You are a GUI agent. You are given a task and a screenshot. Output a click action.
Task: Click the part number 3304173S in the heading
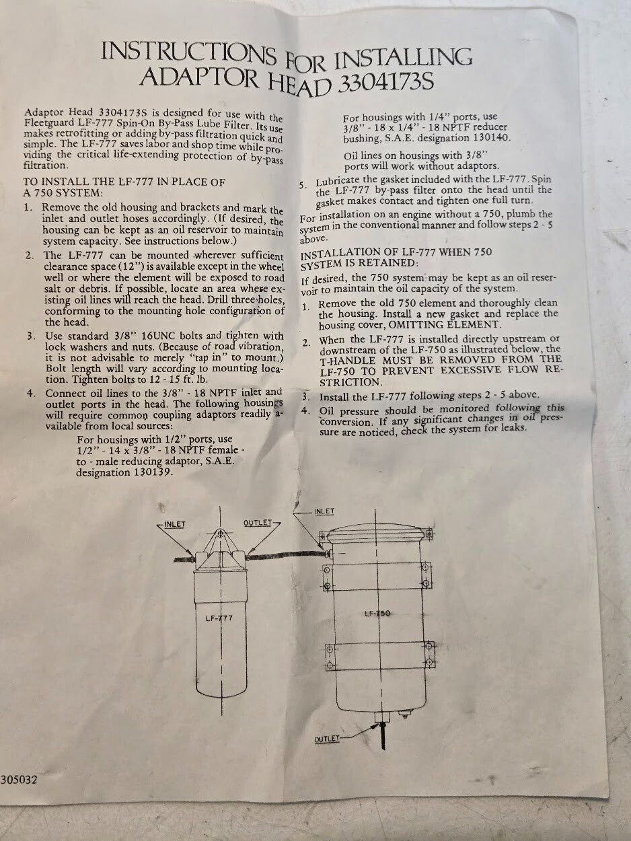point(386,83)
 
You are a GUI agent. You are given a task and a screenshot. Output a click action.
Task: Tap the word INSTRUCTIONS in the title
point(188,54)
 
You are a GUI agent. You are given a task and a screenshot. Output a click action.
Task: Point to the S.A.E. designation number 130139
point(152,472)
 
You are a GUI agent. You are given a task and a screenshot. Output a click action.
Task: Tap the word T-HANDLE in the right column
point(348,361)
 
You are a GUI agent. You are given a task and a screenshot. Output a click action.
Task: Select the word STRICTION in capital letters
point(351,382)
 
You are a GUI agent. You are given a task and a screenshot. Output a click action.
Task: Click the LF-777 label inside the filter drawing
point(219,618)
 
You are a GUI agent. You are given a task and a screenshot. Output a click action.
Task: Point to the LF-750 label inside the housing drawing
point(377,614)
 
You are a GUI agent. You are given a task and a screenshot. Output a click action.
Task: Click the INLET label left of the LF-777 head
point(174,524)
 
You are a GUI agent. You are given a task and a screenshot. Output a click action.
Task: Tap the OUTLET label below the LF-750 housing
point(327,739)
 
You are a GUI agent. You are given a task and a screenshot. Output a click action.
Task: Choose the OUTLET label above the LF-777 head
point(258,523)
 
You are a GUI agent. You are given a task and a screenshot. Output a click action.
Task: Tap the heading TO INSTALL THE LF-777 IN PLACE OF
point(124,182)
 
